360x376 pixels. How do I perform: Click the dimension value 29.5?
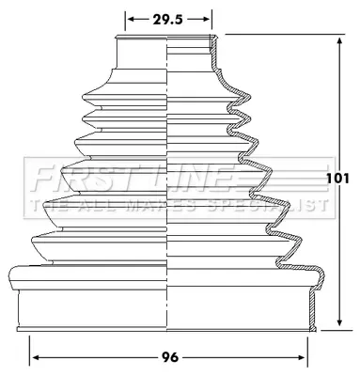(x=167, y=20)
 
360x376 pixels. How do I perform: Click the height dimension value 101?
(x=337, y=179)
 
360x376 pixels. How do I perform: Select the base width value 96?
(x=170, y=357)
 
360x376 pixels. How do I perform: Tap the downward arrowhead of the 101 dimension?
(x=339, y=321)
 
